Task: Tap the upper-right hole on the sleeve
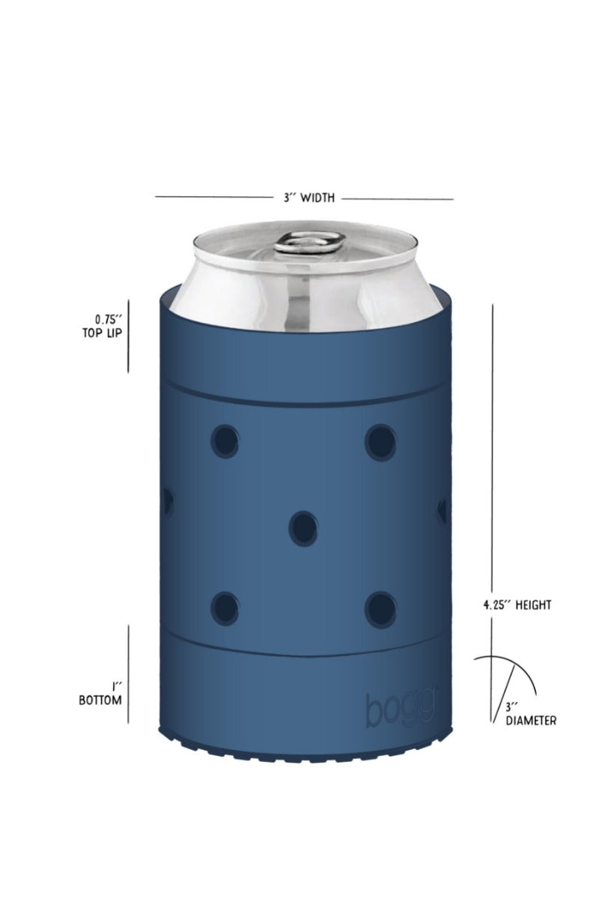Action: (380, 441)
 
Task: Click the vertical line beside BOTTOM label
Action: (128, 674)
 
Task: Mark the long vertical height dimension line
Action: (492, 449)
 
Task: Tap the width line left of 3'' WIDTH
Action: (213, 198)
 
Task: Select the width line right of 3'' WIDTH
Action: (397, 199)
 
